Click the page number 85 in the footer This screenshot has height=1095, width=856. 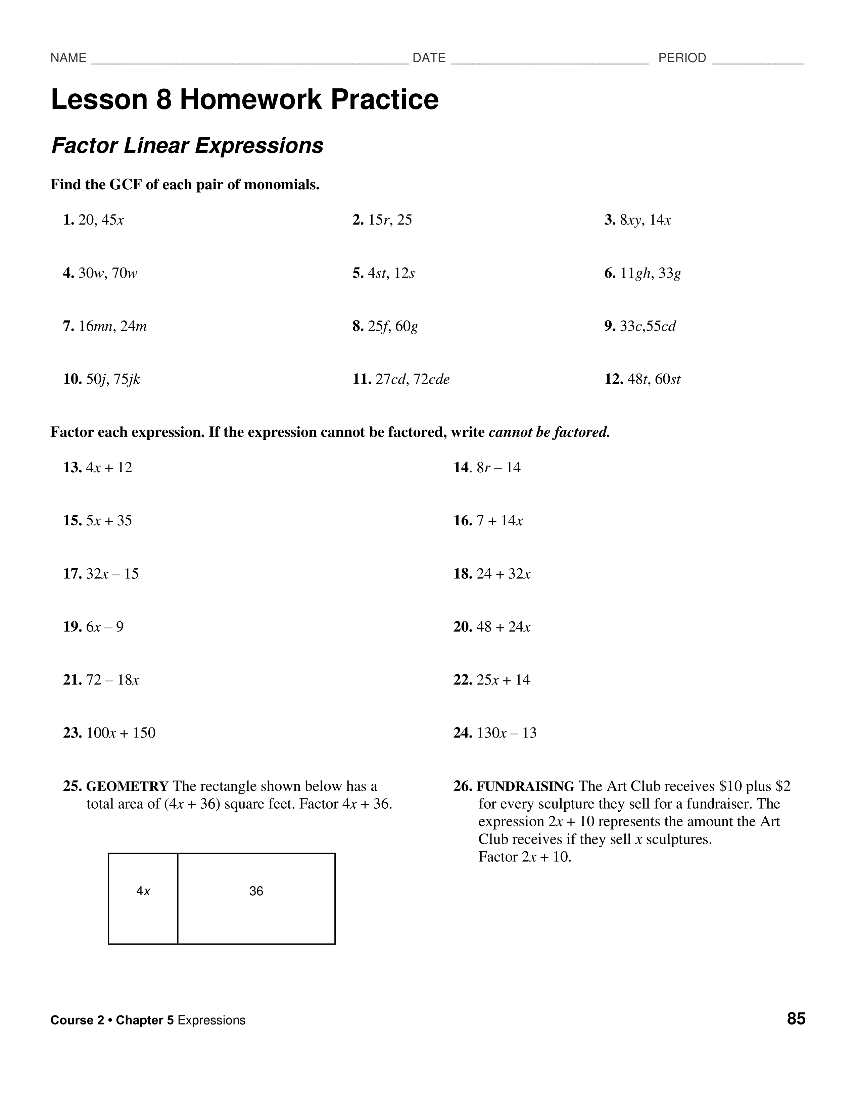pos(796,1019)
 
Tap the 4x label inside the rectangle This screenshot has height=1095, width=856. pos(143,891)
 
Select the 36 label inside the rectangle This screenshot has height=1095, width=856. pos(256,891)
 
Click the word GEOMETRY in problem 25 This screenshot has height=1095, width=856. pos(127,786)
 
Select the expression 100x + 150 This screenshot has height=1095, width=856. pos(121,733)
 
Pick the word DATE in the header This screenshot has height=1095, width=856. pos(429,58)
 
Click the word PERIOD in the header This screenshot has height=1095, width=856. pos(682,58)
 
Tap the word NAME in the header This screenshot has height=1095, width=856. pos(68,58)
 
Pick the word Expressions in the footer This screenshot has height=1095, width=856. pos(211,1020)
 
